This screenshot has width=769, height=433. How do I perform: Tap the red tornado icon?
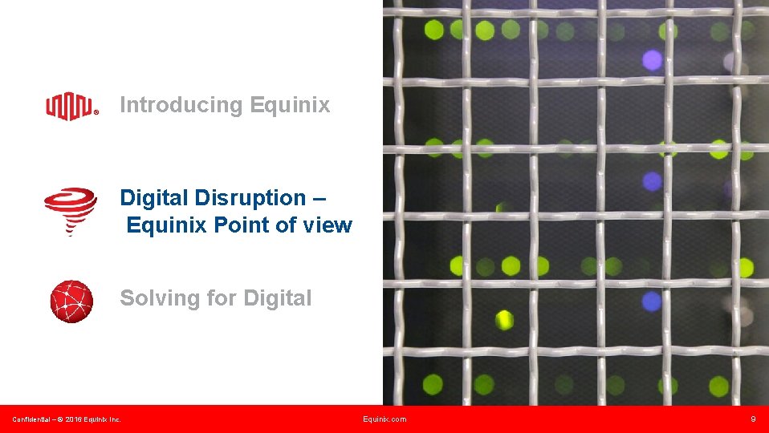pos(71,211)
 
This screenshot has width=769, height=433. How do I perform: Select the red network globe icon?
pos(71,301)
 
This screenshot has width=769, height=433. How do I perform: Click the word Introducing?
pos(181,105)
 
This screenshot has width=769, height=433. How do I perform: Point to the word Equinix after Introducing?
pos(290,105)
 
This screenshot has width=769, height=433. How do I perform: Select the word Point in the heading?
pos(241,225)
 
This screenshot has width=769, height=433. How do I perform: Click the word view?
pos(328,225)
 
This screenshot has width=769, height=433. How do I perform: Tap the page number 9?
pos(753,419)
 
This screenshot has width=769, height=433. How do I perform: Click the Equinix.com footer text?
pos(384,419)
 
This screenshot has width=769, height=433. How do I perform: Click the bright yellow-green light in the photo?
pos(503,320)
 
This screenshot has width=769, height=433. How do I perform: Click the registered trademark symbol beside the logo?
pos(97,113)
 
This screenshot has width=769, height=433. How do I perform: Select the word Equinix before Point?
pos(167,225)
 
